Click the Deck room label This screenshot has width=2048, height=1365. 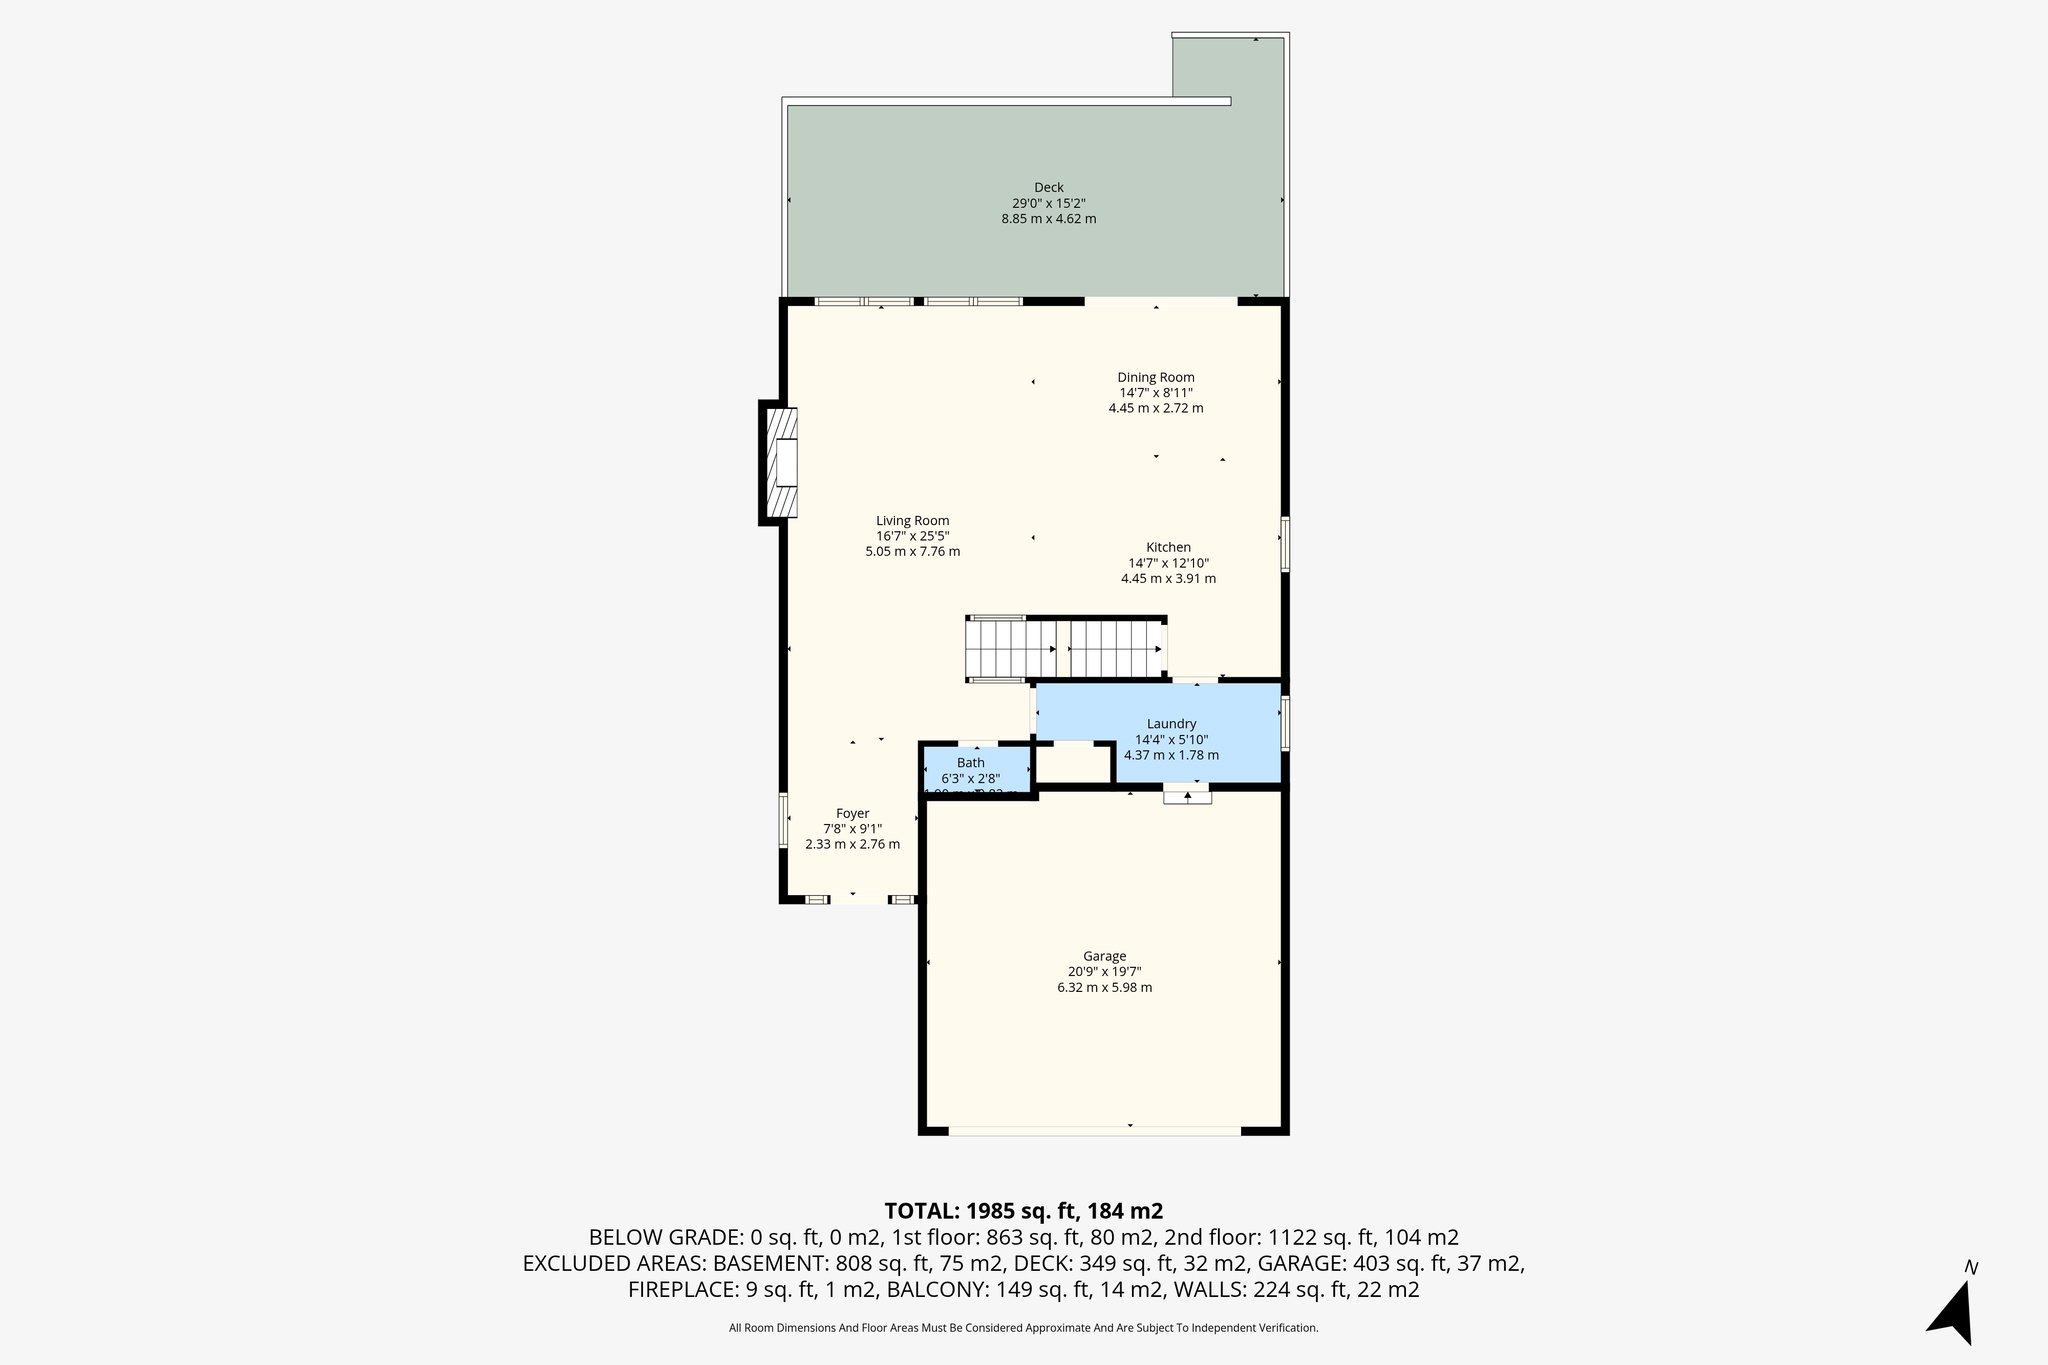[x=1048, y=187]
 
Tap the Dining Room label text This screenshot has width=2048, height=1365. [x=1155, y=377]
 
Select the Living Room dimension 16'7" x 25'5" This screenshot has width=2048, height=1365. [x=912, y=536]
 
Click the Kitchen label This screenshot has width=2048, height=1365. [x=1168, y=547]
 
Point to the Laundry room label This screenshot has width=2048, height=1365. [x=1171, y=724]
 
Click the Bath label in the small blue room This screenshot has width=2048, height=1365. [x=970, y=763]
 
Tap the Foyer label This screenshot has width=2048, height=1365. [x=852, y=813]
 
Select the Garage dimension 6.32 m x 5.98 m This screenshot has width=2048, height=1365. [x=1104, y=987]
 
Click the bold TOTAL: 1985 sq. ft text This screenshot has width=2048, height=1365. [x=1023, y=1211]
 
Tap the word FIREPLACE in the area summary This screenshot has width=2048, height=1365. [x=684, y=1290]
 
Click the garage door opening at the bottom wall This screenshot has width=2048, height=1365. [x=1094, y=1131]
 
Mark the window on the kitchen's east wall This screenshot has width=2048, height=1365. [x=1285, y=544]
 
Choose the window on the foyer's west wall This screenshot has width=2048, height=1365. [x=784, y=821]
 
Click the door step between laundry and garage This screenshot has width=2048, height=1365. [x=1187, y=796]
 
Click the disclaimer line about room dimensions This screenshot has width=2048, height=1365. [x=1023, y=1328]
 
